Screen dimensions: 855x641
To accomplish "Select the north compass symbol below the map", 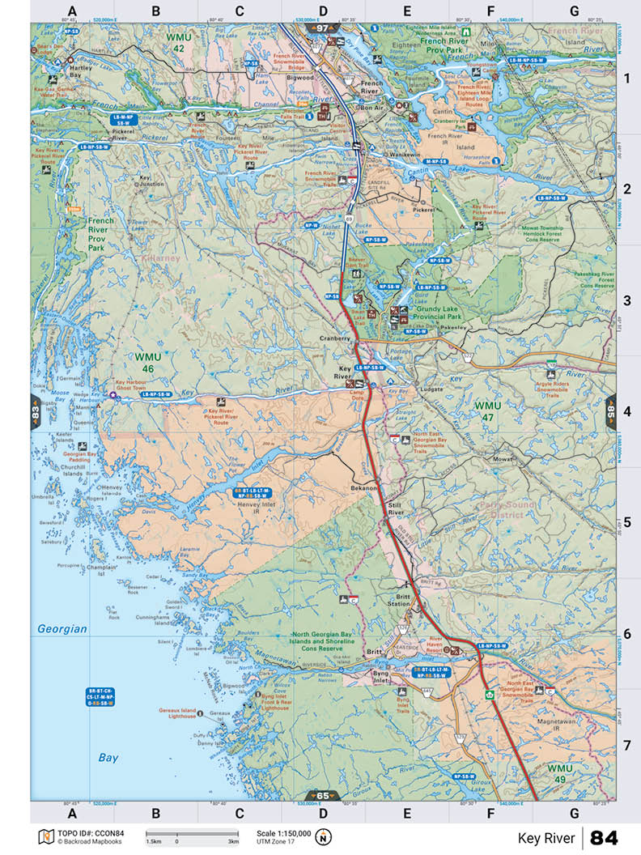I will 323,836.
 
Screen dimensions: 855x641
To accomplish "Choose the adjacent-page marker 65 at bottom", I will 323,795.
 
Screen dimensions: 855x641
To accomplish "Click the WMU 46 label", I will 148,362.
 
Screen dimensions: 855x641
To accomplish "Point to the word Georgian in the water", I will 62,628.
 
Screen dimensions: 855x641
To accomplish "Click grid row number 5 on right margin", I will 626,522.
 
